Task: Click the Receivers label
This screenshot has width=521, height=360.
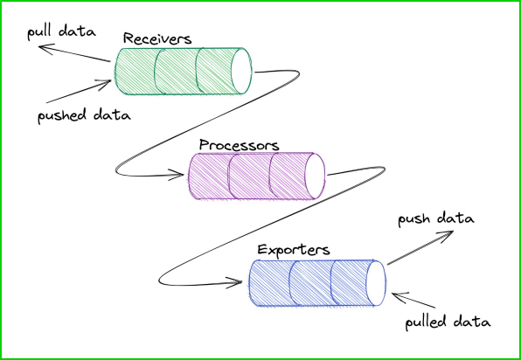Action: tap(156, 38)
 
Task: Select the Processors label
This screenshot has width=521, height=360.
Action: tap(238, 144)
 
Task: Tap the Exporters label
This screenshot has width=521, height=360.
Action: tap(293, 250)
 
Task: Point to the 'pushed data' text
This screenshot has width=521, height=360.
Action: tap(83, 114)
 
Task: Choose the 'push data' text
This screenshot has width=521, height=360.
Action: tap(435, 218)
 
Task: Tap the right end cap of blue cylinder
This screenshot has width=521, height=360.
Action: tap(376, 282)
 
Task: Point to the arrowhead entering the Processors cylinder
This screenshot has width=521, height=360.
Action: tap(182, 178)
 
